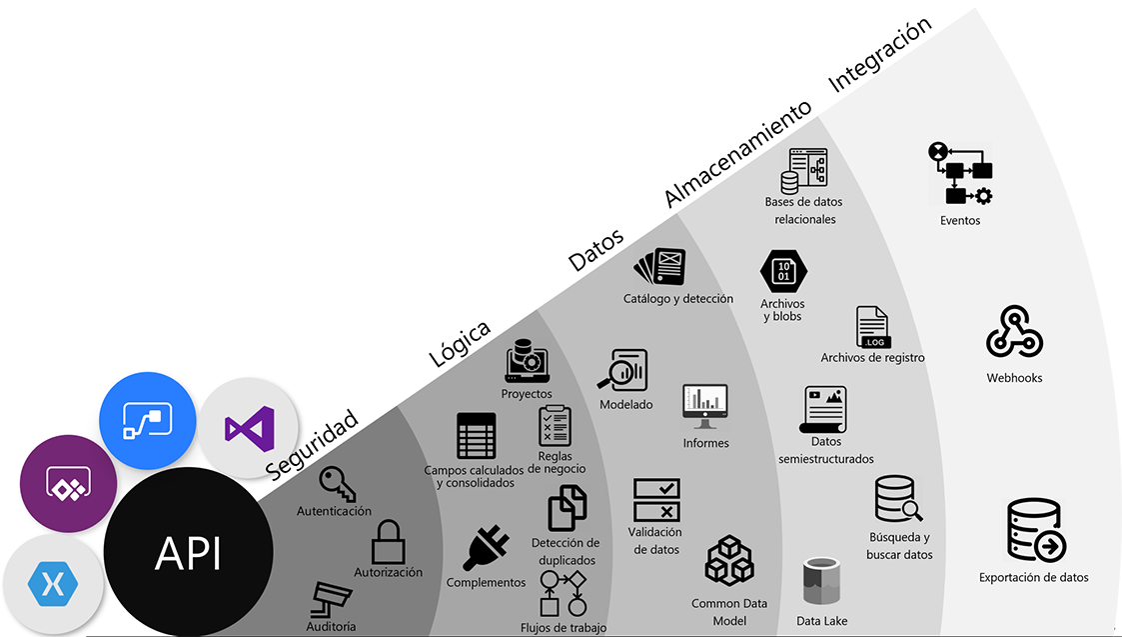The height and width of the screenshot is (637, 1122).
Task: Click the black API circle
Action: tap(189, 552)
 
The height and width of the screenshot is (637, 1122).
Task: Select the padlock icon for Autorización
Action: tap(387, 543)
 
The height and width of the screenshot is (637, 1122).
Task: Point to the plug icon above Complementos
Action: tap(486, 548)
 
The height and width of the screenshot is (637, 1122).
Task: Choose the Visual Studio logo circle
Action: tap(249, 428)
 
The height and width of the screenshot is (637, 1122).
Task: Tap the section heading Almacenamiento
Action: tap(737, 155)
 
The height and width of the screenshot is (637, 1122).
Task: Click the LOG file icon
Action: tap(872, 327)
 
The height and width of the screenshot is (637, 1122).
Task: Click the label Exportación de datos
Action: tap(1033, 577)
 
